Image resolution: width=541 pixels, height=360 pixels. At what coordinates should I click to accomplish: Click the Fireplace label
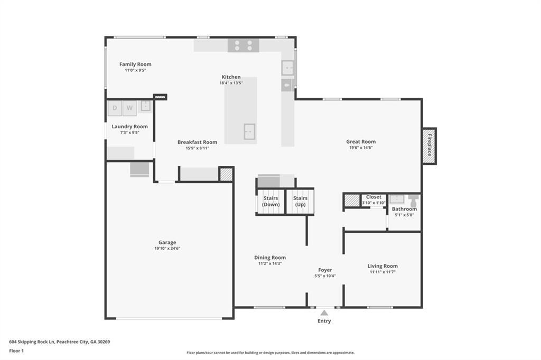430,145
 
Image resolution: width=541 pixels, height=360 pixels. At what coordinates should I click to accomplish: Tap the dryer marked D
115,108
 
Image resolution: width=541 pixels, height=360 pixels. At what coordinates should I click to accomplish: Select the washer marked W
129,108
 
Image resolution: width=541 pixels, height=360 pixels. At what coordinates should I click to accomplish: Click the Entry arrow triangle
324,313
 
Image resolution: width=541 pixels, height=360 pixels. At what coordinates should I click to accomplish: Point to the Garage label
167,242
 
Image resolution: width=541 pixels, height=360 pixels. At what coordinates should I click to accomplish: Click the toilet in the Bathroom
413,201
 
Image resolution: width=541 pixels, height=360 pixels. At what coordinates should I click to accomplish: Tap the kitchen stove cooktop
243,45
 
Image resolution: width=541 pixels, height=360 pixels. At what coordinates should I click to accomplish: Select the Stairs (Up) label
300,201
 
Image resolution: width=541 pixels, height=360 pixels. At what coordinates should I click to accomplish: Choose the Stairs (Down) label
271,201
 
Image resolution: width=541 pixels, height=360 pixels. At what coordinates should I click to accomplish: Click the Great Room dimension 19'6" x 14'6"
361,148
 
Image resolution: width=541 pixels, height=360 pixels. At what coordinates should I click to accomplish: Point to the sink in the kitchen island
249,131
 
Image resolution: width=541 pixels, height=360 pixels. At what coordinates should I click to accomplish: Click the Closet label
374,197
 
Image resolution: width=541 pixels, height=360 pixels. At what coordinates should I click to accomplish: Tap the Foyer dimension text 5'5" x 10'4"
325,276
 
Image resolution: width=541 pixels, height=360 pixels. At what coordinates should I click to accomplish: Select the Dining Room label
270,258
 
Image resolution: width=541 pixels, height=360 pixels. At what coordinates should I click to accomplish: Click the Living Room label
383,266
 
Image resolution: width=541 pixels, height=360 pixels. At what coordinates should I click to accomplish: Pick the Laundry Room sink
146,106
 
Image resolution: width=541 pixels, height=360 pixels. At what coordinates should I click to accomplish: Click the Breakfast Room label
198,142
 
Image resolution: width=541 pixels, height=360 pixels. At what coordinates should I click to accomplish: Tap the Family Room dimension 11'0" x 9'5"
135,70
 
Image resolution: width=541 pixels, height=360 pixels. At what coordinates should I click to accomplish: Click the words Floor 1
16,351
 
